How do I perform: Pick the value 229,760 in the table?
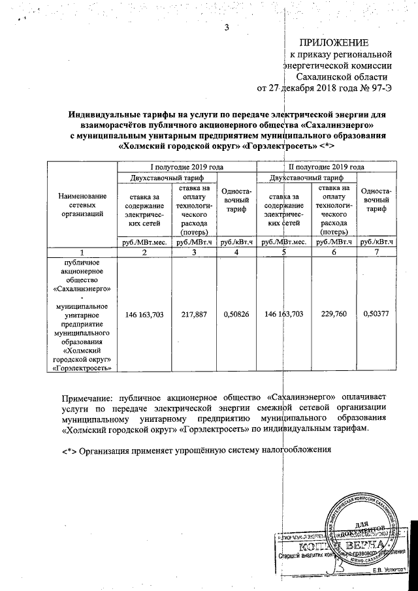pyautogui.click(x=333, y=314)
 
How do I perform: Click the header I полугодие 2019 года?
pyautogui.click(x=187, y=167)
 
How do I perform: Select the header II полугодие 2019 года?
pyautogui.click(x=327, y=167)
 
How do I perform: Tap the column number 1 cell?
pyautogui.click(x=82, y=252)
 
